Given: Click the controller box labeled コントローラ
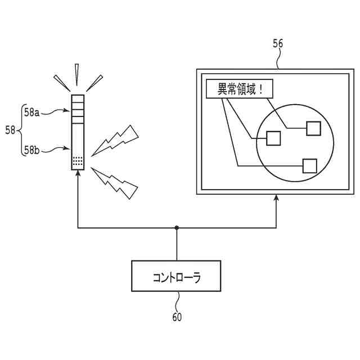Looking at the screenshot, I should point(177,277).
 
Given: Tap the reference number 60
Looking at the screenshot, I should point(177,317).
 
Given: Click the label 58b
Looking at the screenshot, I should point(31,149).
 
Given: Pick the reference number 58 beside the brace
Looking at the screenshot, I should point(10,130).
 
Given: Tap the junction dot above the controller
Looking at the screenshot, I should point(177,228).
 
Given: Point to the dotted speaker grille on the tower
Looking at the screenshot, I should point(78,160).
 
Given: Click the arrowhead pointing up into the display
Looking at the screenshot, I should point(276,199).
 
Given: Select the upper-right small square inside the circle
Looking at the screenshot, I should point(312,128).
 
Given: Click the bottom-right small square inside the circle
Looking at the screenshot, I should point(309,165).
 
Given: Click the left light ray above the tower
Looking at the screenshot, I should point(61,82).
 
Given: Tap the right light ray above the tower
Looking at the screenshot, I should point(94,82).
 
